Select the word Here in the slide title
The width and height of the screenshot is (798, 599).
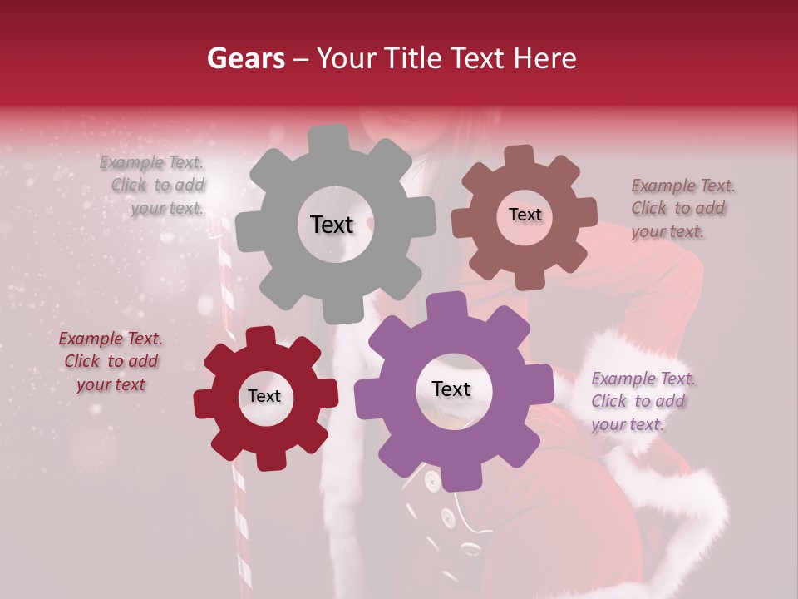[546, 58]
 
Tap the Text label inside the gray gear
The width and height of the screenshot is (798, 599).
[332, 225]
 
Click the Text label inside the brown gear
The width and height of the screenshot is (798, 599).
[525, 215]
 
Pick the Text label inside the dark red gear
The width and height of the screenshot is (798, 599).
[264, 396]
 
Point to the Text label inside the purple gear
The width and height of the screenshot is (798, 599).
[451, 389]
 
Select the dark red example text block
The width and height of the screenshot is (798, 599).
[111, 361]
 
